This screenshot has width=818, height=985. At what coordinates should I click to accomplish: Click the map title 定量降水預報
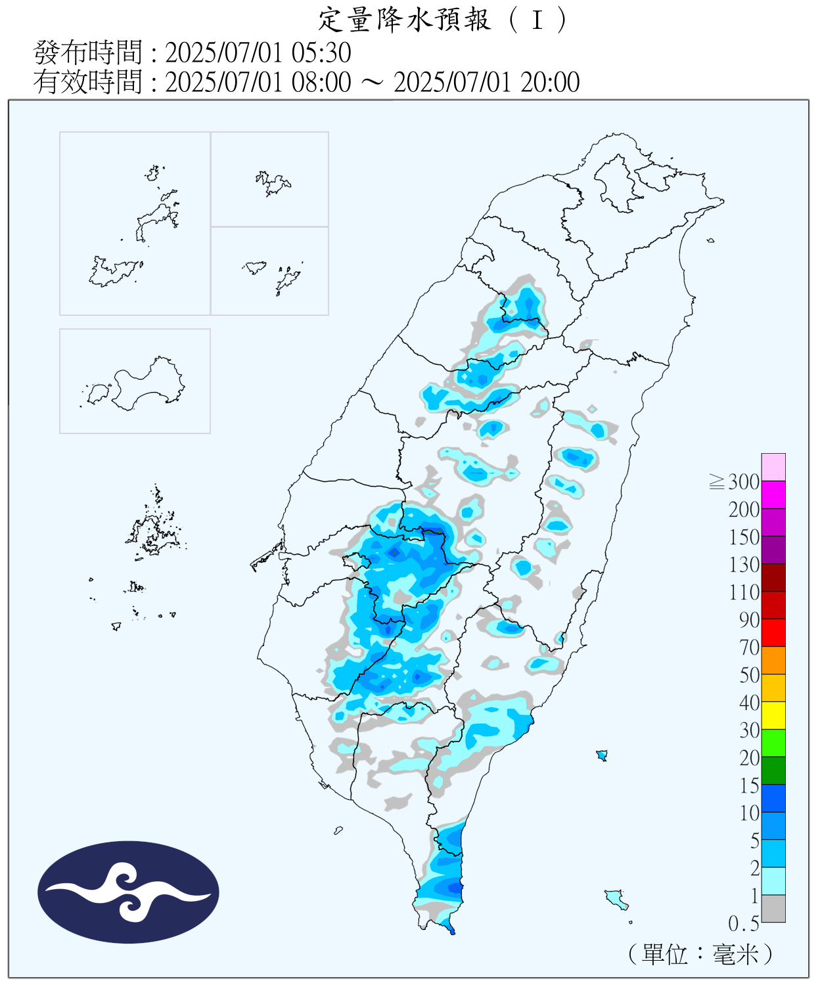[404, 20]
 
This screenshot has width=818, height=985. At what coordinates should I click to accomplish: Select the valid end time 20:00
[550, 82]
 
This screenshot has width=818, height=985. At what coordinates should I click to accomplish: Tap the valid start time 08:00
[321, 82]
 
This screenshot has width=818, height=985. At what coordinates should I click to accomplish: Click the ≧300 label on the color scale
[735, 482]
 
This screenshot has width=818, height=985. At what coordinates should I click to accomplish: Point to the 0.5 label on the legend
[743, 924]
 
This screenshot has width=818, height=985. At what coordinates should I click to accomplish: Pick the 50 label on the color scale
[749, 675]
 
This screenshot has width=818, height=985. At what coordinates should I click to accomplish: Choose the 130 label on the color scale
[744, 565]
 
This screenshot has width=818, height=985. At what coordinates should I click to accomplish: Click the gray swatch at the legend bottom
[773, 909]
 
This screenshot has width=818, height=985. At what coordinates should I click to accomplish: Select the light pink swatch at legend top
[773, 467]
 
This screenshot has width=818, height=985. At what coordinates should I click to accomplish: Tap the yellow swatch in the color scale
[773, 715]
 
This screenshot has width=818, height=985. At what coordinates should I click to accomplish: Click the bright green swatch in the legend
[773, 743]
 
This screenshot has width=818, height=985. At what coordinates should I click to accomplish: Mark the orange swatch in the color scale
[773, 660]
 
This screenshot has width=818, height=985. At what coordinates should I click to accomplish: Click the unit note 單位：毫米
[700, 954]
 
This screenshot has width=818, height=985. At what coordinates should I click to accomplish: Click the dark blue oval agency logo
[128, 892]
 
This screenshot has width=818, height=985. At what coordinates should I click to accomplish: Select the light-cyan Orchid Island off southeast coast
[616, 898]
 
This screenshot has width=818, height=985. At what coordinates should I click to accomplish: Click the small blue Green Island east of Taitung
[601, 755]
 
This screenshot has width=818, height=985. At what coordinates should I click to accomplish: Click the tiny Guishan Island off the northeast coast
[710, 240]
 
